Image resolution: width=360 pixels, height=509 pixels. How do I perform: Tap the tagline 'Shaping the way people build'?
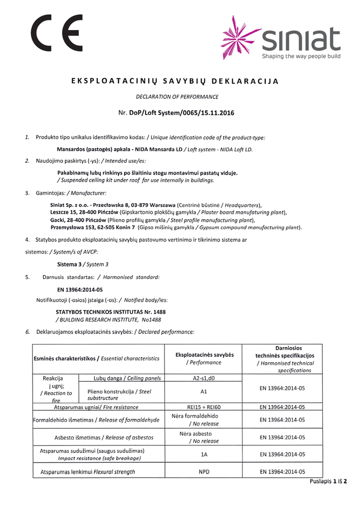click(301, 56)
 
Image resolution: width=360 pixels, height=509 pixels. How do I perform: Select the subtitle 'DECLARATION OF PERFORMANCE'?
click(177, 96)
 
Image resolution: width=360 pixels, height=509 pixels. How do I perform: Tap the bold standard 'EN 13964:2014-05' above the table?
click(76, 289)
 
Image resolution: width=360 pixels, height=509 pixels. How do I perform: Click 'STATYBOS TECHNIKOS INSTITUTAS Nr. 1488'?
click(110, 312)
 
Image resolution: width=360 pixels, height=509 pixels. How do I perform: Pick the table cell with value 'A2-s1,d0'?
click(204, 378)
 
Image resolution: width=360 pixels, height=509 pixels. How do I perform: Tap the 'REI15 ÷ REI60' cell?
click(204, 407)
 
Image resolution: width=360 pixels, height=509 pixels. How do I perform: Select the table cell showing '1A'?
click(204, 455)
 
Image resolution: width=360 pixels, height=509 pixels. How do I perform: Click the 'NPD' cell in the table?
click(204, 472)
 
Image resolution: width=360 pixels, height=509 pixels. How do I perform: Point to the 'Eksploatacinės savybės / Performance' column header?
click(204, 358)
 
